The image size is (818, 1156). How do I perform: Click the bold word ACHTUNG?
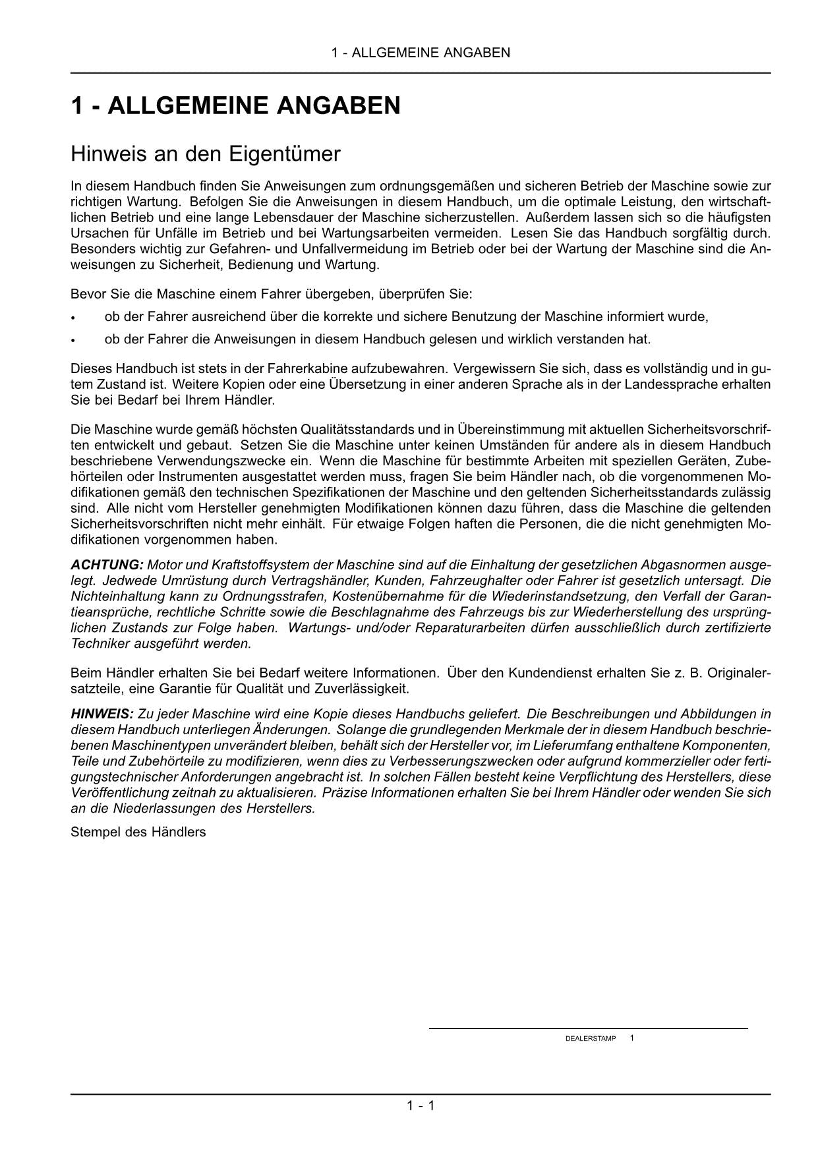[107, 565]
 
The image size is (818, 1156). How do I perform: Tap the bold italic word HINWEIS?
[102, 714]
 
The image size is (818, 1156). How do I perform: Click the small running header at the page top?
[421, 53]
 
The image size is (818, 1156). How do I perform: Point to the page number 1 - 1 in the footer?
[421, 1105]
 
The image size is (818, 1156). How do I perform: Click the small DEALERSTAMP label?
[591, 1039]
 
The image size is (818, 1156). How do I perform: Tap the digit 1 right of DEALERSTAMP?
[632, 1038]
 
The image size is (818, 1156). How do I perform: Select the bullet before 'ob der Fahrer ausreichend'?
[74, 318]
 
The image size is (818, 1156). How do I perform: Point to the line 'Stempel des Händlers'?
[138, 832]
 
